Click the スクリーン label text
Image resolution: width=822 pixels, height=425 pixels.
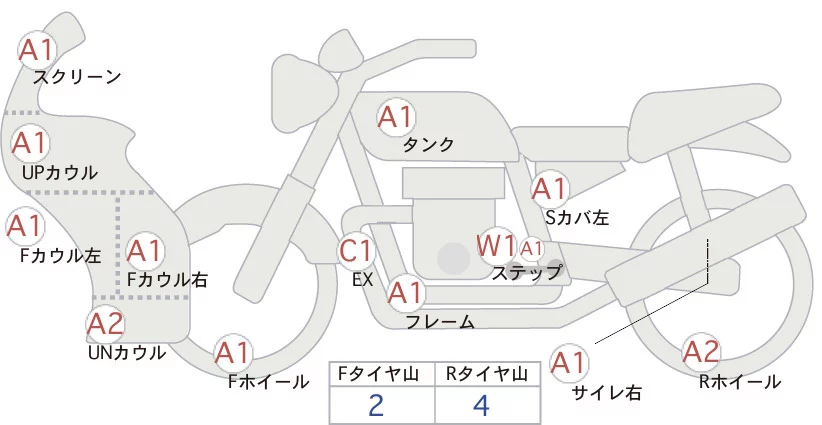tap(77, 76)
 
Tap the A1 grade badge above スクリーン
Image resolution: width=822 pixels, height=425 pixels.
tap(38, 49)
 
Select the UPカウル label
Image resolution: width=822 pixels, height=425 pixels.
tap(59, 173)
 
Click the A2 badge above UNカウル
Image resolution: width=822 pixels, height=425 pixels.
tap(105, 324)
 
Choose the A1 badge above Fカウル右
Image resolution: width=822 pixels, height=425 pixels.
tap(145, 250)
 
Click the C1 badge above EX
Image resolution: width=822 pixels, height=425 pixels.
tap(357, 251)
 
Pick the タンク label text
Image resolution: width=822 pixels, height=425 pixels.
tap(428, 145)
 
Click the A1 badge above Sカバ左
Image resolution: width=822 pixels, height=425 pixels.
tap(549, 189)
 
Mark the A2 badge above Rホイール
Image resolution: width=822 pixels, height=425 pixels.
tap(701, 353)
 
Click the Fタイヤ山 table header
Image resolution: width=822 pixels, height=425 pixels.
tap(381, 374)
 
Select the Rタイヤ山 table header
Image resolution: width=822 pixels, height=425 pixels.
tap(487, 374)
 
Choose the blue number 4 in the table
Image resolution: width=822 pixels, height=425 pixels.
tap(480, 407)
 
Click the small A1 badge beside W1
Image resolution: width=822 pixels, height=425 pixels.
tap(531, 247)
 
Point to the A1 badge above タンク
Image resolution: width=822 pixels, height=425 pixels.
tap(395, 117)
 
